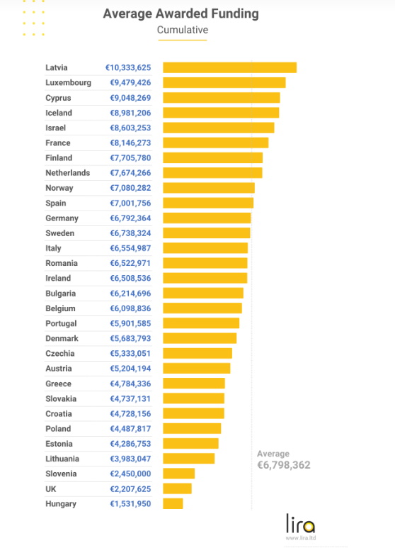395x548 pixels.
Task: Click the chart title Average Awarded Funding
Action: tap(181, 14)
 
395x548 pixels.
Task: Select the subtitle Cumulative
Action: tap(183, 30)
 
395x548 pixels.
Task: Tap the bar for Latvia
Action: tap(229, 67)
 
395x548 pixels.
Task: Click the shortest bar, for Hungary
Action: tap(173, 503)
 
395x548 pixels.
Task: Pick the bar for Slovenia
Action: tap(178, 474)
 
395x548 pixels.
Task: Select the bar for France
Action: tap(216, 142)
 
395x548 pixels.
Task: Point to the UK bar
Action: tap(177, 488)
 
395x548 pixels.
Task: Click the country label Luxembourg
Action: tap(69, 83)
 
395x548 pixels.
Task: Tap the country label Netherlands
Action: tap(68, 173)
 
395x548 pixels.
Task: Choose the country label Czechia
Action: tap(60, 353)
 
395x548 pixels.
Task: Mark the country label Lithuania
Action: tap(62, 459)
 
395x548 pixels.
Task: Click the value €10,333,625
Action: tap(128, 67)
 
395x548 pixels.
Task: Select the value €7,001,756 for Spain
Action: tap(130, 203)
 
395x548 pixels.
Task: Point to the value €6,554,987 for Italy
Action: tap(130, 248)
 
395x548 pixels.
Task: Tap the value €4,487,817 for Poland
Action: tap(130, 428)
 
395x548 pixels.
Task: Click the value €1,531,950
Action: tap(130, 503)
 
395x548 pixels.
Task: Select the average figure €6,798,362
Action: tap(284, 465)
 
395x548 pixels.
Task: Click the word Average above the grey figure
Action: tap(273, 454)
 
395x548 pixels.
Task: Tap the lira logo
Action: tap(300, 523)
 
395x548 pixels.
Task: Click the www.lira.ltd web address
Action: tap(300, 538)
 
